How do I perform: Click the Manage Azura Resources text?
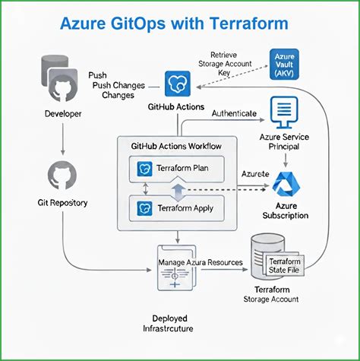click(x=200, y=262)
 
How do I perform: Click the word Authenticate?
click(x=234, y=113)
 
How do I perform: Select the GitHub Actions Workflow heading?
click(x=178, y=144)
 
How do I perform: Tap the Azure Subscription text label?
click(x=286, y=210)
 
